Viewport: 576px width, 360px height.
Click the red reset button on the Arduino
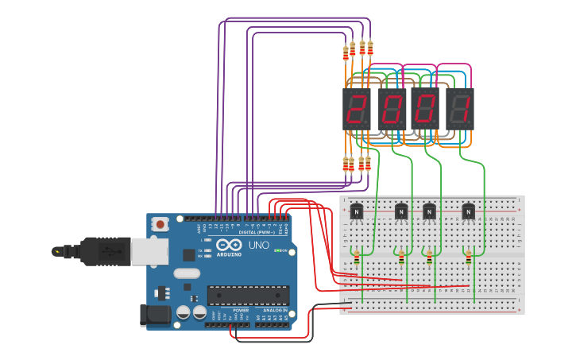[161, 224]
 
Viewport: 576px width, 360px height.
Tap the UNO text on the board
[258, 246]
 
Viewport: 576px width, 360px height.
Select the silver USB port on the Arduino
[150, 250]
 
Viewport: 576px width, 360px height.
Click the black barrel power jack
[156, 315]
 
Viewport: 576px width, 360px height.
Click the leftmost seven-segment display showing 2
[357, 109]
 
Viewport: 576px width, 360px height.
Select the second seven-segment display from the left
[392, 109]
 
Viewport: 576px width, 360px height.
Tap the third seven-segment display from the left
[424, 109]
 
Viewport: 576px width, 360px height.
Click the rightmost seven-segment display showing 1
[461, 109]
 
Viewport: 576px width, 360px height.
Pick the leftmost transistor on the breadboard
[357, 211]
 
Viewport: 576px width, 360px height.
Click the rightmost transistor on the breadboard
[468, 211]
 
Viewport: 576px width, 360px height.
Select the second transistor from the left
[401, 211]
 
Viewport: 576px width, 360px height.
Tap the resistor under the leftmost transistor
[357, 257]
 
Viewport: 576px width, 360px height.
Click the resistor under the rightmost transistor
[468, 257]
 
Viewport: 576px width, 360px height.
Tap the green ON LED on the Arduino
[275, 251]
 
